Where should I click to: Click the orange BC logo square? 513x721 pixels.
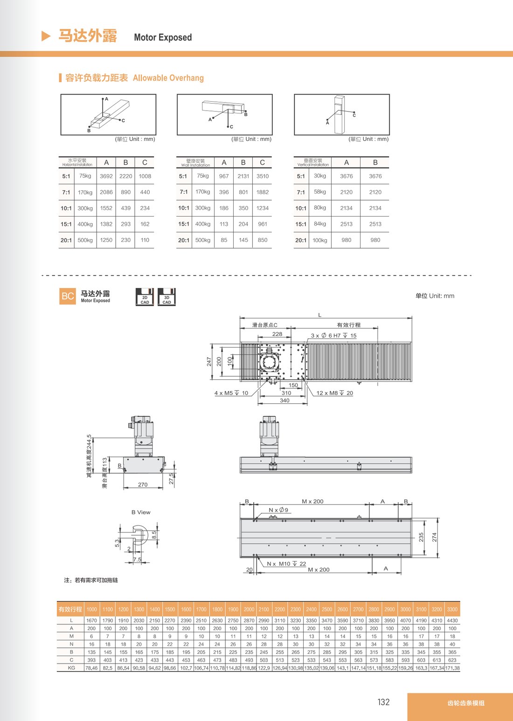tap(68, 296)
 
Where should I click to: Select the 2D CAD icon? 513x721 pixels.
tap(145, 297)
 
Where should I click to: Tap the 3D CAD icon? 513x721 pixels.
tap(166, 297)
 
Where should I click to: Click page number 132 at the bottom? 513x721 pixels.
tap(383, 702)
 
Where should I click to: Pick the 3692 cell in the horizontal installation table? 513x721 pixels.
tap(106, 176)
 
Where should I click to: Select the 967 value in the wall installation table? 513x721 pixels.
tap(224, 176)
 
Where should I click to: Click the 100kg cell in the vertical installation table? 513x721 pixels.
tap(320, 240)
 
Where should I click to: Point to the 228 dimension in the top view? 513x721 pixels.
tap(277, 334)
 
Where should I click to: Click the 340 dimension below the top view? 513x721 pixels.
tap(284, 400)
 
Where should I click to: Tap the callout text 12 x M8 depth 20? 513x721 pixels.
tap(334, 393)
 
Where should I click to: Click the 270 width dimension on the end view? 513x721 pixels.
tap(143, 484)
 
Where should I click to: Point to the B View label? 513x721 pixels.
tap(141, 512)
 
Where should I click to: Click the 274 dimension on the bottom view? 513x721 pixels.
tap(434, 537)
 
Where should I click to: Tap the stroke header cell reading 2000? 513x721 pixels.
tap(249, 609)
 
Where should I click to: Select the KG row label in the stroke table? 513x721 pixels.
tap(71, 668)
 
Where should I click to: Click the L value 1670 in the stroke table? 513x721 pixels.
tap(92, 620)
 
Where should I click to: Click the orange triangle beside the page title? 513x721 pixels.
tap(46, 36)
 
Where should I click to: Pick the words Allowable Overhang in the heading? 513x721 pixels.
tap(168, 78)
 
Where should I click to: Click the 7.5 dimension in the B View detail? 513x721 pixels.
tap(137, 560)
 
